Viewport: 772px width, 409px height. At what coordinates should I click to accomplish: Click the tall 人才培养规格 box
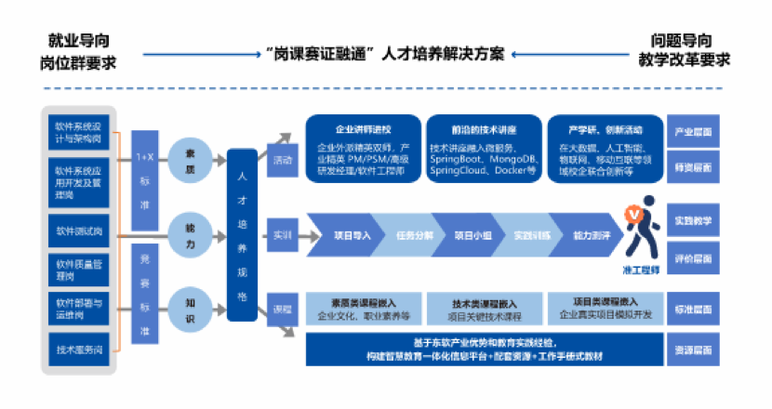pyautogui.click(x=242, y=233)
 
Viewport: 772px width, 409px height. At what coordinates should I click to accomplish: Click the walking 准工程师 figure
pyautogui.click(x=642, y=232)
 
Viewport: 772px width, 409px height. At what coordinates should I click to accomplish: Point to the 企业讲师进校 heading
pyautogui.click(x=363, y=129)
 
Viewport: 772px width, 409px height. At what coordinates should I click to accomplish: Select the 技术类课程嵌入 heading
pyautogui.click(x=480, y=303)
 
